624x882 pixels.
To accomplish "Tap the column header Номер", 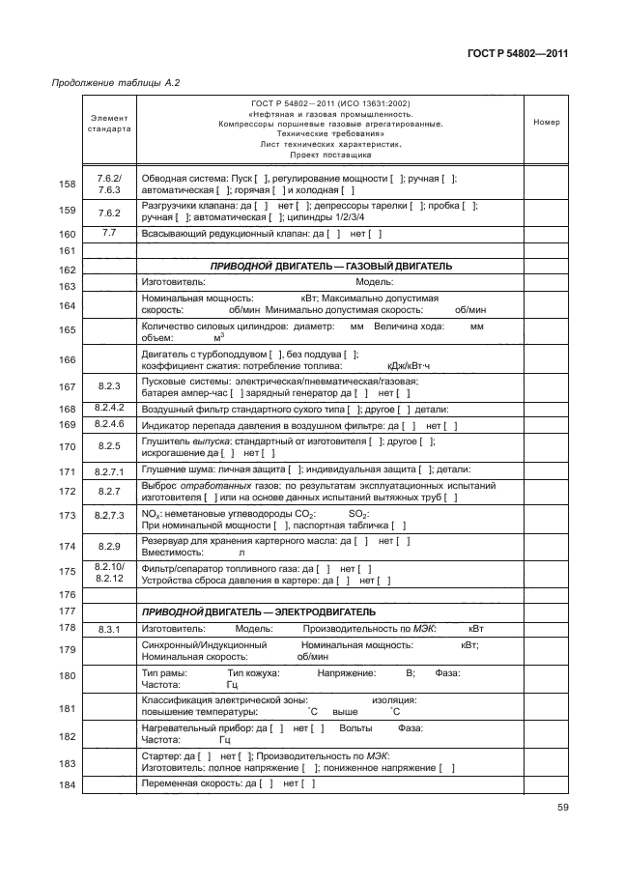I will point(546,123).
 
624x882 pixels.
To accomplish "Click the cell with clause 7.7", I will point(108,233).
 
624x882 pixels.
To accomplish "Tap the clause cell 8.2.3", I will point(108,385).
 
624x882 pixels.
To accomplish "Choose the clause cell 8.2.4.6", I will point(108,425).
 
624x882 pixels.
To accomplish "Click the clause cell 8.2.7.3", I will point(108,516).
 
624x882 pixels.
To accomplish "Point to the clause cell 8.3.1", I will point(108,629).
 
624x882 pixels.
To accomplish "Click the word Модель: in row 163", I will point(375,282).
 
